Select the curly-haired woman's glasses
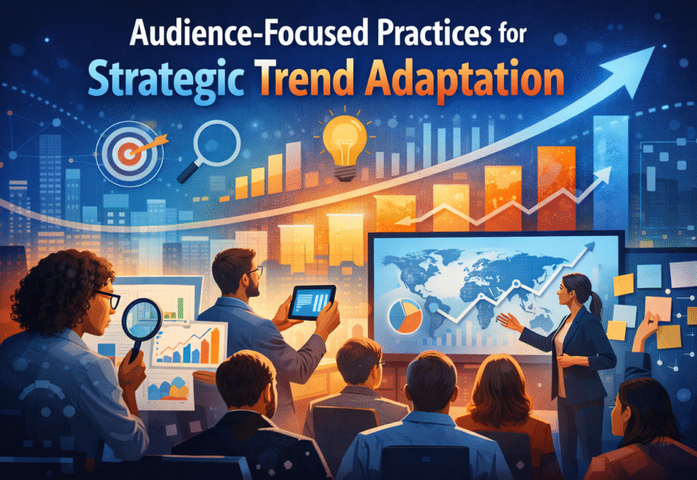(x=109, y=301)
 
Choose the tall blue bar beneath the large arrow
(x=610, y=160)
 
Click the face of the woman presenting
(x=574, y=291)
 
